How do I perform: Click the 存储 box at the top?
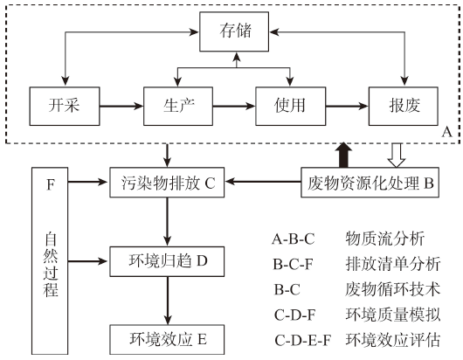pos(234,31)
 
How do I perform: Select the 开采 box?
pos(65,106)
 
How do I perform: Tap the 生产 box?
pos(178,106)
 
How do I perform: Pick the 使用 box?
pos(291,106)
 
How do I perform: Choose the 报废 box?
pos(404,106)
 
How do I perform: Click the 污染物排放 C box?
pos(167,183)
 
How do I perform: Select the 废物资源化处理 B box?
pos(370,183)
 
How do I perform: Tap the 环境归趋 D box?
pos(167,261)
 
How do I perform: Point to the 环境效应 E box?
pos(167,339)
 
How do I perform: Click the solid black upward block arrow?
pos(343,155)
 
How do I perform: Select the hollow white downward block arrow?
pos(397,156)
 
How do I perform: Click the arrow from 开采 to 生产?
pos(121,106)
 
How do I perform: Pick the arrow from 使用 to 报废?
pos(348,106)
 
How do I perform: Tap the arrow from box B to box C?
pos(263,182)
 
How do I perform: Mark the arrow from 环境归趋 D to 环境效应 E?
pos(168,301)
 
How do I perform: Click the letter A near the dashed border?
pos(446,132)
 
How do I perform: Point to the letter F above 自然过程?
pos(51,184)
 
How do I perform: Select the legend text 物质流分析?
pos(384,239)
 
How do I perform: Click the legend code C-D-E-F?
pos(302,340)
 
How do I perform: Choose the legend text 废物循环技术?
pos(393,289)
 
